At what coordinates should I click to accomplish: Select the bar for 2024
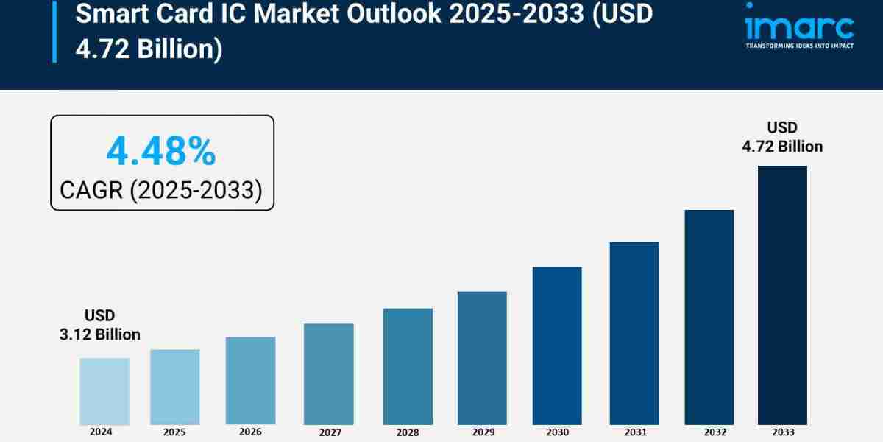pos(104,391)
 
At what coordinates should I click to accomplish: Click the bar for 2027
pos(328,373)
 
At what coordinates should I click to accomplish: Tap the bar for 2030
pos(557,345)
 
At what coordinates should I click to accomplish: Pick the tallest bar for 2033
pos(782,295)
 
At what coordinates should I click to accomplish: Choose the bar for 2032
pos(709,317)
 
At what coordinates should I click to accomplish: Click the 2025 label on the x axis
pos(174,432)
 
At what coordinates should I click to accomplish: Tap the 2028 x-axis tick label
pos(407,432)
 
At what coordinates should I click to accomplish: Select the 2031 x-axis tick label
pos(634,432)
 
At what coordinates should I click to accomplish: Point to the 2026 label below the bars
pos(250,432)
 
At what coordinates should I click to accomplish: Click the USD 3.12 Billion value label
pos(99,325)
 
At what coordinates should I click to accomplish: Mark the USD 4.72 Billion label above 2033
pos(782,137)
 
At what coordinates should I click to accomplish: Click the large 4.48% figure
pos(161,152)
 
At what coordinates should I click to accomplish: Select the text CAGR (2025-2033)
pos(161,190)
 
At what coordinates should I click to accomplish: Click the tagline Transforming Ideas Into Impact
pos(799,46)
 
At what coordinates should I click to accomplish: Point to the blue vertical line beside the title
pos(54,31)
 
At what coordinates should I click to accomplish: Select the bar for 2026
pos(250,381)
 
